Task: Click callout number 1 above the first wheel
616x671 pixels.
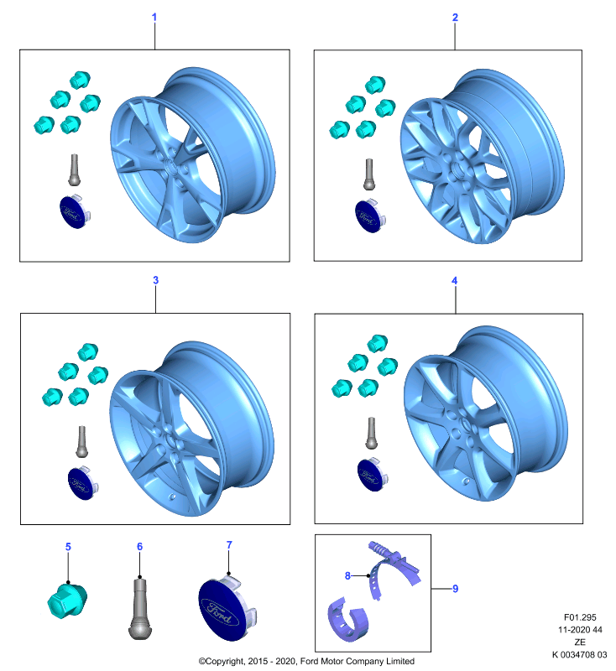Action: coord(154,17)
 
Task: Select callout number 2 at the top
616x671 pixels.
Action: coord(455,17)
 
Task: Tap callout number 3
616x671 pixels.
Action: coord(156,280)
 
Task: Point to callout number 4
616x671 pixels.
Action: coord(455,280)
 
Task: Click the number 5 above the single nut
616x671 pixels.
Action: coord(68,547)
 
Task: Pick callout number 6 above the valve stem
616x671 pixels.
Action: coord(139,547)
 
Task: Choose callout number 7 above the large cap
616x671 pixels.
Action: coord(229,544)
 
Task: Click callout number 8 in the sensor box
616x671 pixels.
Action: coord(347,575)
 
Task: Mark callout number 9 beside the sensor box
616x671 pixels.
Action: coord(456,589)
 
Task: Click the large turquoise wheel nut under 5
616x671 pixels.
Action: coord(67,600)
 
